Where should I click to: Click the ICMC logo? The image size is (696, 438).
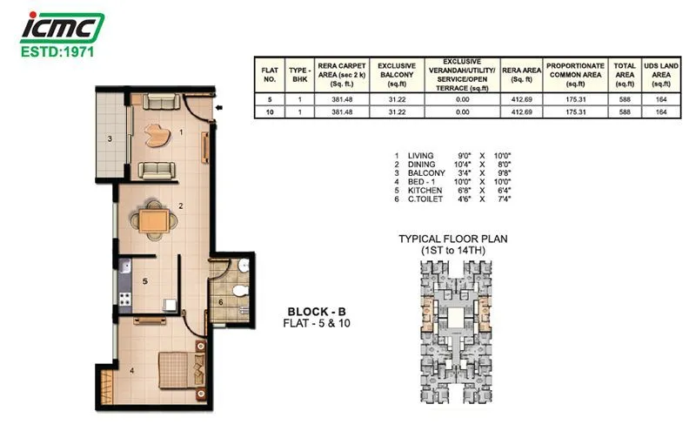tap(62, 28)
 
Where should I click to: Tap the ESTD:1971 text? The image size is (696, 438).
tap(61, 51)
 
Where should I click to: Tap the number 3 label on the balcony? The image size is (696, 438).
tap(110, 138)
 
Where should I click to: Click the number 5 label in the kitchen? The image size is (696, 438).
tap(145, 281)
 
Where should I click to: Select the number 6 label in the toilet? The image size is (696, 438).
tap(220, 302)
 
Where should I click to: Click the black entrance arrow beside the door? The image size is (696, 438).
tap(218, 109)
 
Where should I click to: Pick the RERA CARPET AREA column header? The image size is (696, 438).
tap(335, 76)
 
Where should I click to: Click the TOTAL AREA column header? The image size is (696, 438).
tap(625, 76)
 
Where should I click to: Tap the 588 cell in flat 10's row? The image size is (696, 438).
tap(625, 112)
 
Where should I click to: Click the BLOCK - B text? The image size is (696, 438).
tap(318, 311)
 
